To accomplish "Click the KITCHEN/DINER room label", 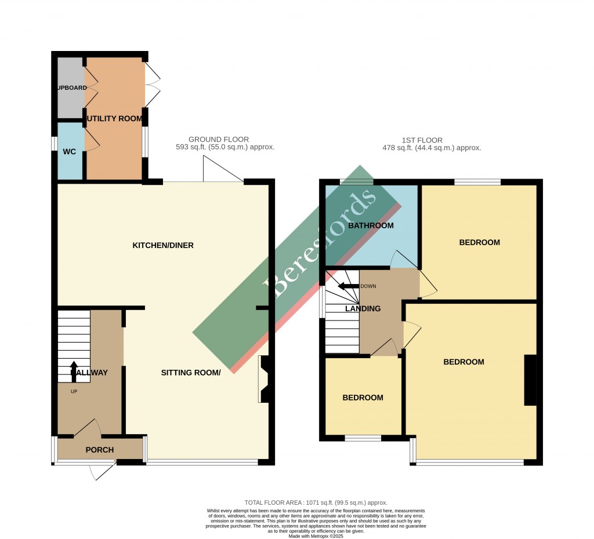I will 163,245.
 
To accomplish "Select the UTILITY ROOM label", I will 114,119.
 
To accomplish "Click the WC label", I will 70,152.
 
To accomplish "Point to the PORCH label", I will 99,450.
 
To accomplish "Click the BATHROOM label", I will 371,225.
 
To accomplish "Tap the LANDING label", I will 363,309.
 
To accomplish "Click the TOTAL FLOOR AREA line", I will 316,502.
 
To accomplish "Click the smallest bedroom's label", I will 363,398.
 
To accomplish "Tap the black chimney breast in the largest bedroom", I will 530,380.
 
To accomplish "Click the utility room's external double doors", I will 152,85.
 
